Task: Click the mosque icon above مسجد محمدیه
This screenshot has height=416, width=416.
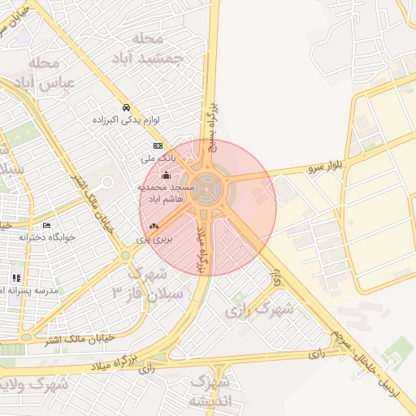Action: (x=167, y=175)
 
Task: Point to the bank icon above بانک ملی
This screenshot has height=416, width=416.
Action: (x=157, y=145)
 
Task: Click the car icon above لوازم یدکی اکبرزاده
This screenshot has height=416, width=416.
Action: (x=126, y=107)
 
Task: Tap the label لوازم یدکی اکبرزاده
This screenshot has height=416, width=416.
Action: (x=127, y=120)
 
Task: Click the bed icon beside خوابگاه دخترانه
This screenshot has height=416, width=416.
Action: (x=46, y=225)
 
